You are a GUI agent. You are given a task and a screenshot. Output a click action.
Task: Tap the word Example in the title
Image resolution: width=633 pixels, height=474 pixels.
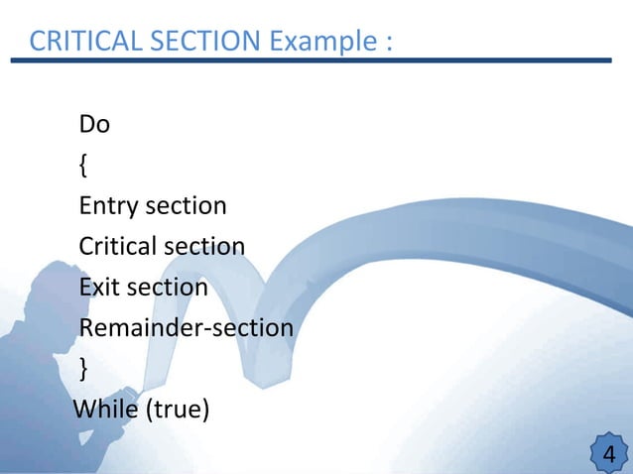coord(316,42)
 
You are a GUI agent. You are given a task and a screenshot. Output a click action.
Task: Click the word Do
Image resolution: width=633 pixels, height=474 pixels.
coord(94,125)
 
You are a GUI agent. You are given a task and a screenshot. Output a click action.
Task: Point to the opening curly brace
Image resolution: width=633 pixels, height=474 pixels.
coord(82,166)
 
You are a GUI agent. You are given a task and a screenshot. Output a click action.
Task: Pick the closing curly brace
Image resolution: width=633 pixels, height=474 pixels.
coord(83,368)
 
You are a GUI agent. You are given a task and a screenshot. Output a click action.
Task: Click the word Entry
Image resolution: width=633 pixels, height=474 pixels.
coord(108,206)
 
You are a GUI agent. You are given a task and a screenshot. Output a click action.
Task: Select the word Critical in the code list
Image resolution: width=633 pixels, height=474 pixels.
coord(117,246)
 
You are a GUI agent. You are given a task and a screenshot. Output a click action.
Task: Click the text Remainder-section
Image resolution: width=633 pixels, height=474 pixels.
coord(186,327)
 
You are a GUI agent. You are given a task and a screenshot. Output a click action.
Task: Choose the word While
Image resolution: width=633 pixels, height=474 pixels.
coord(106,408)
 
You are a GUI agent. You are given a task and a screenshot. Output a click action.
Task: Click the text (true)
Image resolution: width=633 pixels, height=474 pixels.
coord(178,409)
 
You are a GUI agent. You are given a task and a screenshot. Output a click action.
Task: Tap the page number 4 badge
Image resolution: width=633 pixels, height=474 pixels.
coord(608,455)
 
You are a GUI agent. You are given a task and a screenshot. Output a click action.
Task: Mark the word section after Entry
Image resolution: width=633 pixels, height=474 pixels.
coord(186,206)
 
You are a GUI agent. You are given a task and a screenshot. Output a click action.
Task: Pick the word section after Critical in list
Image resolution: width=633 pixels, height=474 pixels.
coord(203,246)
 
